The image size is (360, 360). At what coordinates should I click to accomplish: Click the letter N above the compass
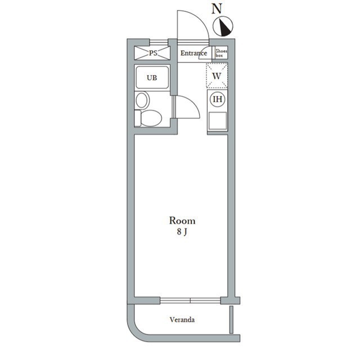[217, 9]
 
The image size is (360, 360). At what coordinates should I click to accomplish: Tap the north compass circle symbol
[223, 26]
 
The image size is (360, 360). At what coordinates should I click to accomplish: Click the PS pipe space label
[153, 53]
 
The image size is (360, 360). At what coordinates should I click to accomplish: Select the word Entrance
[193, 53]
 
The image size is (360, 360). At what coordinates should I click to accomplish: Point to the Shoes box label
[221, 53]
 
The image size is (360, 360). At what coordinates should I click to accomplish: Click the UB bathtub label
[152, 78]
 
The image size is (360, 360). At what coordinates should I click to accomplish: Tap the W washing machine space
[217, 76]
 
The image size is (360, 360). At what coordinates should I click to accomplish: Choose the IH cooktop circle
[218, 99]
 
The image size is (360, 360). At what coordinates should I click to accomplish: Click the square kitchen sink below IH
[218, 121]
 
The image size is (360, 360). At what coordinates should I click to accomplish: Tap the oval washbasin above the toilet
[141, 100]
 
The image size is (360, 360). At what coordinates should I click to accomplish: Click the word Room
[182, 220]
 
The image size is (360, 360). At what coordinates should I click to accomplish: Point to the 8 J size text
[182, 232]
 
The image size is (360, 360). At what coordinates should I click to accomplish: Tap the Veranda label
[182, 319]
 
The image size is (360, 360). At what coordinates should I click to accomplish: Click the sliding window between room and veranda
[190, 300]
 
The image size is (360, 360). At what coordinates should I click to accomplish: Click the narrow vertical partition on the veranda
[231, 319]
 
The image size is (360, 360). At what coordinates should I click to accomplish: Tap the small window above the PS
[159, 43]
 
